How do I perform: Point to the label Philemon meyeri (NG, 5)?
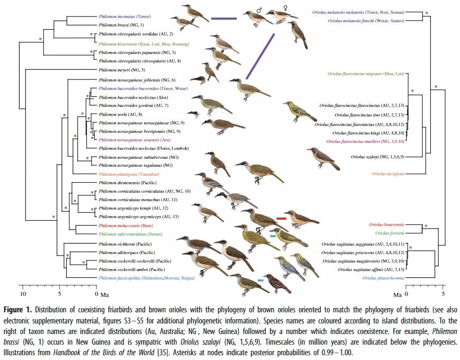point(122,69)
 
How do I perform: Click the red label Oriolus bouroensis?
point(391,225)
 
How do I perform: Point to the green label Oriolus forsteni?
point(392,233)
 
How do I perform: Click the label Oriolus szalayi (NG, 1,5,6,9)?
point(376,157)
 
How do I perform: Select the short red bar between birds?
point(281,219)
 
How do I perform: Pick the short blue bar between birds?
point(260,280)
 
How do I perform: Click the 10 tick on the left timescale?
point(23,293)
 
